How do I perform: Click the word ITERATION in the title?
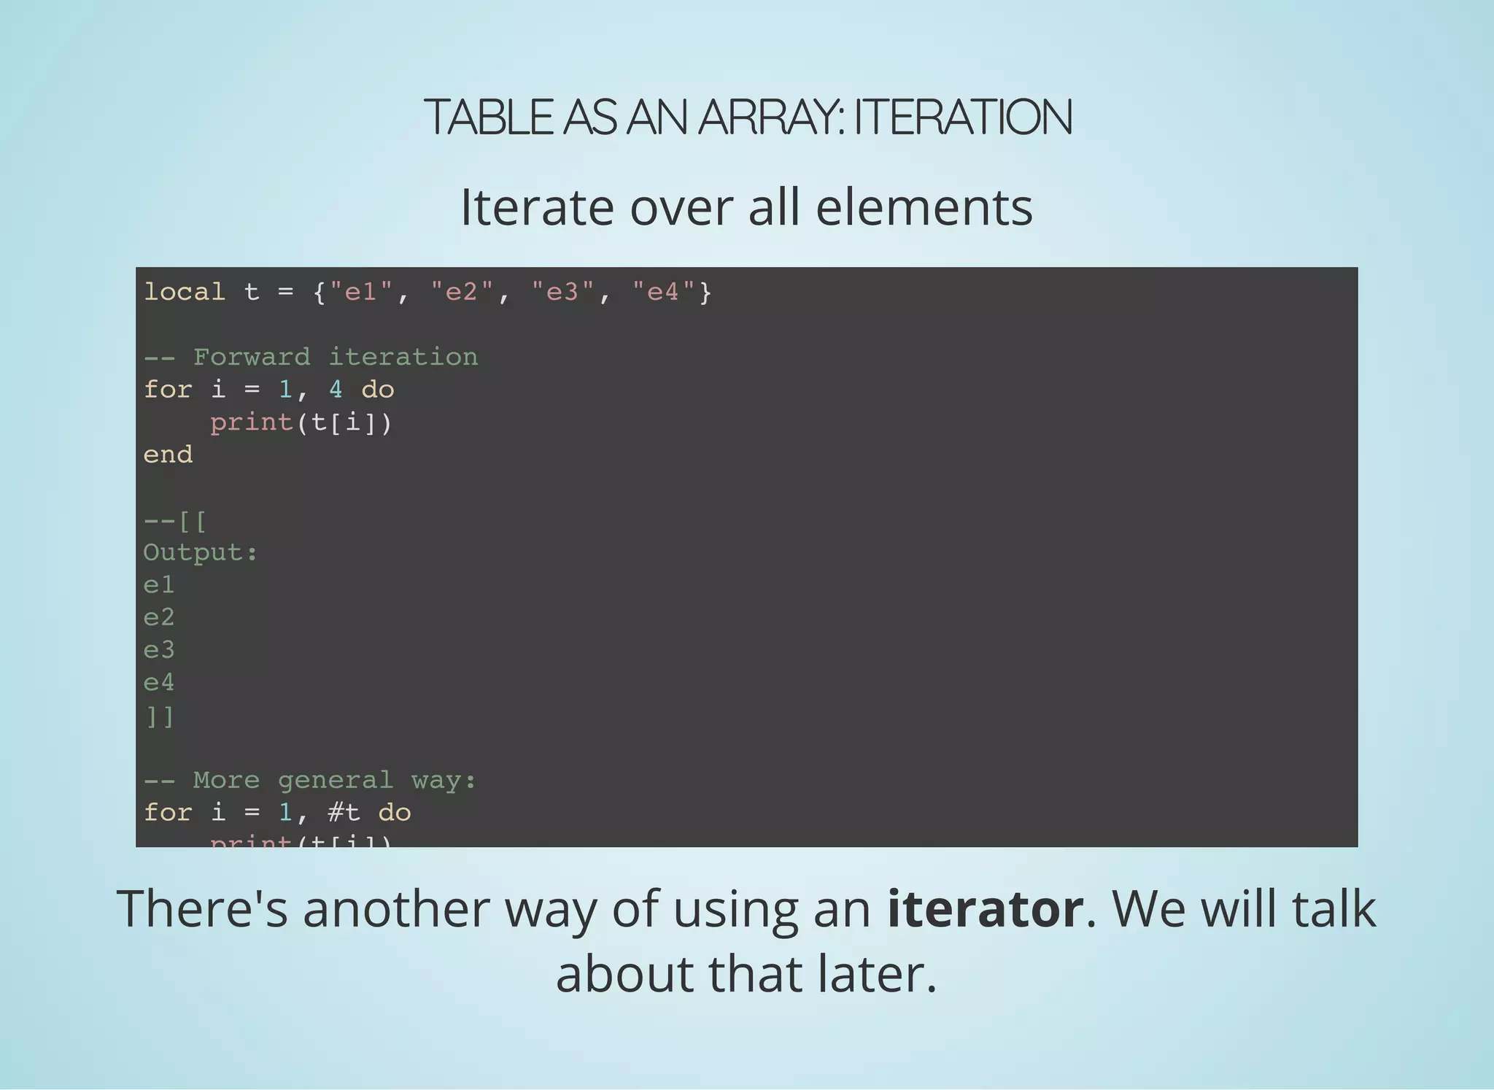tap(963, 117)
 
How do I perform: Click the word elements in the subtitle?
tap(924, 207)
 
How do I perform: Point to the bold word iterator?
tap(985, 909)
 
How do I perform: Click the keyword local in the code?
tap(185, 292)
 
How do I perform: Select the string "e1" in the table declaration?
tap(360, 292)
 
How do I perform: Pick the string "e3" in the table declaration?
tap(562, 292)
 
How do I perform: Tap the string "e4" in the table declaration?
tap(663, 292)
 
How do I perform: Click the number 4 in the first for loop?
tap(336, 390)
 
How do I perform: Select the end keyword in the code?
tap(169, 455)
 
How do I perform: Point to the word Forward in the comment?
tap(252, 357)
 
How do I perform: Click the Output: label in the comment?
tap(201, 552)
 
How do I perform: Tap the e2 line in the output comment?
tap(159, 617)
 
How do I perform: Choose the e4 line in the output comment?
tap(159, 682)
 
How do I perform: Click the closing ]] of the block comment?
tap(159, 716)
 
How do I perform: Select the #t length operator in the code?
tap(344, 812)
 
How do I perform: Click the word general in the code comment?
tap(336, 780)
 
